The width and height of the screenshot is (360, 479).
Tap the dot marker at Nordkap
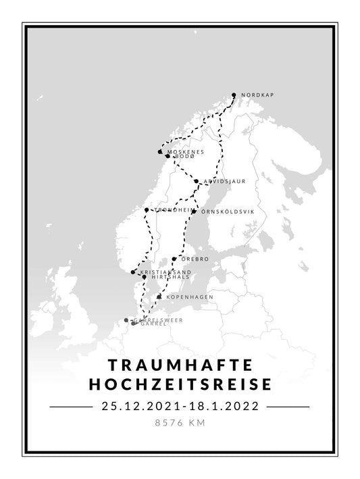pyautogui.click(x=234, y=95)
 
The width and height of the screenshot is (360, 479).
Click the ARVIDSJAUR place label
pyautogui.click(x=224, y=182)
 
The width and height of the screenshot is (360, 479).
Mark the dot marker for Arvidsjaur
pyautogui.click(x=197, y=182)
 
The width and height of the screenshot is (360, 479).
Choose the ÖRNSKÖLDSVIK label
pyautogui.click(x=228, y=211)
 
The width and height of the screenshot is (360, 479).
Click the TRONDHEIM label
pyautogui.click(x=170, y=210)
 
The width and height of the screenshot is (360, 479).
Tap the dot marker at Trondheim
pyautogui.click(x=147, y=210)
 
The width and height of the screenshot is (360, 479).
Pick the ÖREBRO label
pyautogui.click(x=195, y=259)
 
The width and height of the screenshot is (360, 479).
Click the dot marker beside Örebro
pyautogui.click(x=174, y=259)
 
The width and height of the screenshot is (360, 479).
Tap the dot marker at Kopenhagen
pyautogui.click(x=159, y=297)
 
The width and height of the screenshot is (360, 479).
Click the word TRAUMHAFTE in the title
pyautogui.click(x=180, y=365)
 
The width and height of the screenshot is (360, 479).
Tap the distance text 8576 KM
pyautogui.click(x=180, y=424)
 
